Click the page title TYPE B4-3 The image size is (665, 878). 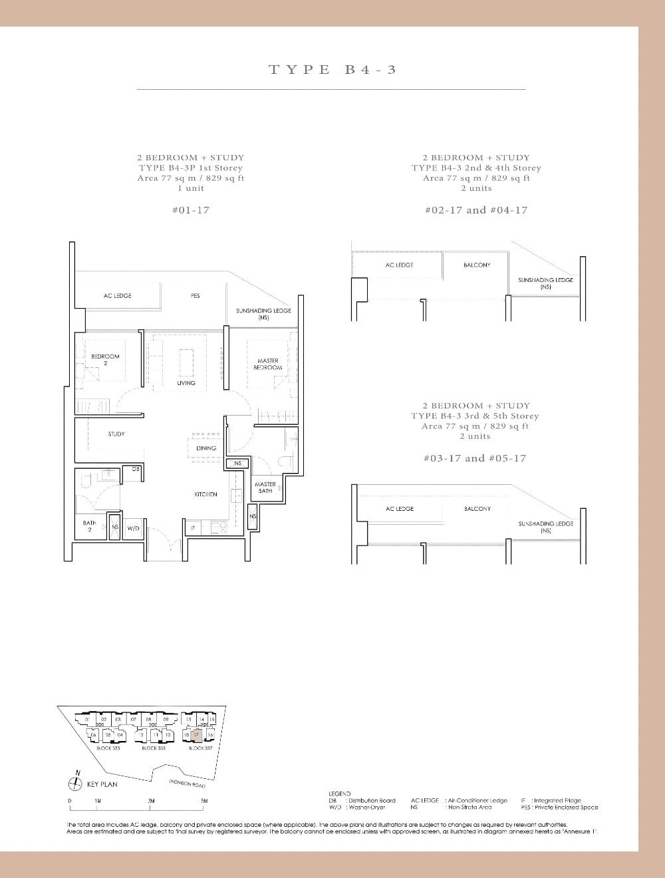tap(332, 69)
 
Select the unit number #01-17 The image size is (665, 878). tap(190, 210)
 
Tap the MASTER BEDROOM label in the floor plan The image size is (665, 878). tap(267, 364)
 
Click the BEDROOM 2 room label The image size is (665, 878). tap(105, 359)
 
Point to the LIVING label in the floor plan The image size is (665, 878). tap(186, 383)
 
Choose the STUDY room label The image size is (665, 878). tap(116, 434)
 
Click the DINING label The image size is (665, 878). tap(206, 448)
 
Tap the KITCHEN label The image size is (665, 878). tap(205, 494)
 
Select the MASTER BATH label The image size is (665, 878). tap(265, 488)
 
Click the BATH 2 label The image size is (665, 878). tap(89, 526)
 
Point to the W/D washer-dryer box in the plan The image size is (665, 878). tap(133, 528)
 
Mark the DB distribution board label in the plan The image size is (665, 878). tap(135, 469)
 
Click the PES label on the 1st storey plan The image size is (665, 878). tap(195, 295)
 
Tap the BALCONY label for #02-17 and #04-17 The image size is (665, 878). tap(477, 265)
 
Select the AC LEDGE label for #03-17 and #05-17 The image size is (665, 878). tap(400, 509)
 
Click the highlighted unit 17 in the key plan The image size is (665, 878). tap(196, 734)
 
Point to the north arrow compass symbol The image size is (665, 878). tap(77, 784)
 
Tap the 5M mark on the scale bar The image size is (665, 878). tap(204, 801)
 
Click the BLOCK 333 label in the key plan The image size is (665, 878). tap(108, 748)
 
